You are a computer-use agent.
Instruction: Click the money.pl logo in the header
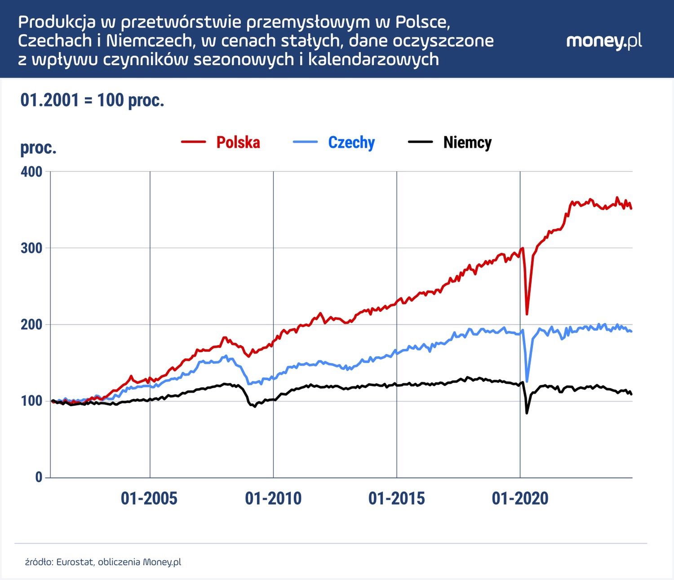[x=604, y=41]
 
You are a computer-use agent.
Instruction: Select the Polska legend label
[x=238, y=142]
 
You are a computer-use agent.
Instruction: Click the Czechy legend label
[x=351, y=142]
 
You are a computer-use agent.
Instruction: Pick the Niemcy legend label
[x=467, y=142]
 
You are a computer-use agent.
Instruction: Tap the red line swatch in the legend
[x=194, y=142]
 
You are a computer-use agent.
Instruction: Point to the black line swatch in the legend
[x=420, y=142]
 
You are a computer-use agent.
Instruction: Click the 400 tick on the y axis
[x=31, y=172]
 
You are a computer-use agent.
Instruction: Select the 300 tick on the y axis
[x=31, y=248]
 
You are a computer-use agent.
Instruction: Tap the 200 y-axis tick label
[x=31, y=324]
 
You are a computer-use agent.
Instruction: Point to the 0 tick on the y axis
[x=39, y=477]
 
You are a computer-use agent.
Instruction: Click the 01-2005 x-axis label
[x=149, y=498]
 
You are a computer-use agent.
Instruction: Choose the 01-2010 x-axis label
[x=273, y=498]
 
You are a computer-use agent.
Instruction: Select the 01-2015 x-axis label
[x=396, y=498]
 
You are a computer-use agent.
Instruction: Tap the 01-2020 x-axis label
[x=520, y=498]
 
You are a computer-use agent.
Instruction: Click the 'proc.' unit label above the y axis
[x=38, y=148]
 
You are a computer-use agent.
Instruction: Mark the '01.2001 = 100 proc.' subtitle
[x=92, y=100]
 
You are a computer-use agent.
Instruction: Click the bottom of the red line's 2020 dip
[x=527, y=314]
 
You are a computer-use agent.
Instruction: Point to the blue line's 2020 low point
[x=527, y=381]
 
